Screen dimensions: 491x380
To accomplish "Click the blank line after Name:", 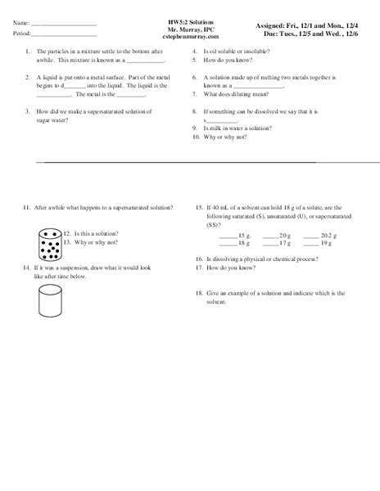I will [69, 24].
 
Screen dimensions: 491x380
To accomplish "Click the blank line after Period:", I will [69, 34].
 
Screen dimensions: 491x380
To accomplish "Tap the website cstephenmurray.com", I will [191, 38].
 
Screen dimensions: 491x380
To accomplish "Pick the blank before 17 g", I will [269, 243].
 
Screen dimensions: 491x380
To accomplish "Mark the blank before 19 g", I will [311, 243].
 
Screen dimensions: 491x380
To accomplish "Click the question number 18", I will [199, 292].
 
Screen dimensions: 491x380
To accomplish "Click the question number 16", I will [199, 258].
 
